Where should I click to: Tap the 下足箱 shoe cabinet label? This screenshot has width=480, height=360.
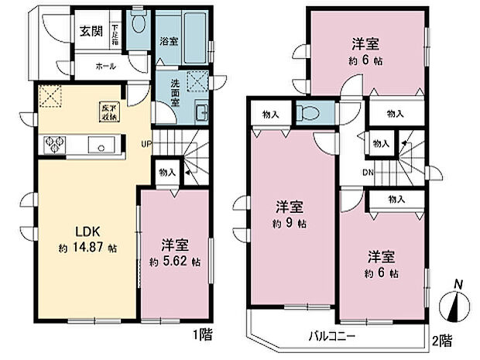pos(114,32)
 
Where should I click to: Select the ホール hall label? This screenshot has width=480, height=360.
pos(106,67)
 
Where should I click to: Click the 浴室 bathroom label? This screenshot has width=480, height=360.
pos(169,42)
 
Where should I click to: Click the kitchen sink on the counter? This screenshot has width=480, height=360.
pos(101,144)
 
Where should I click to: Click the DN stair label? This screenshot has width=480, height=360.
pos(369,173)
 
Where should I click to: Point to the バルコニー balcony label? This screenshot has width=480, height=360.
pos(332,336)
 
